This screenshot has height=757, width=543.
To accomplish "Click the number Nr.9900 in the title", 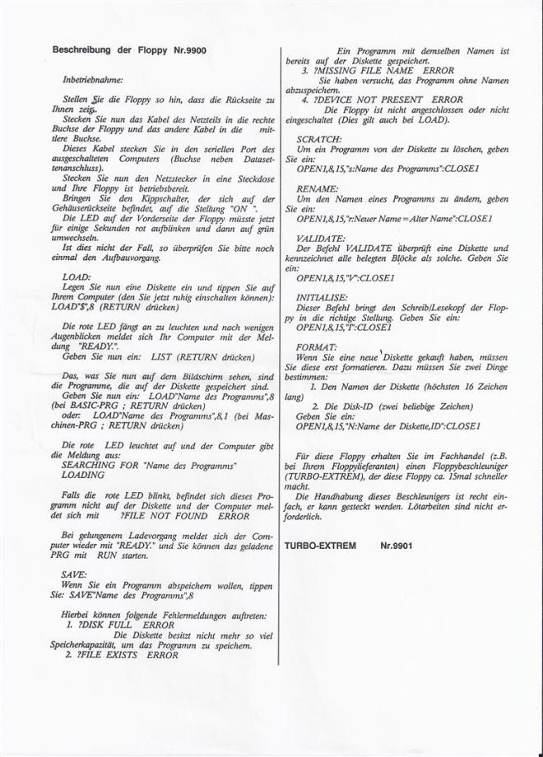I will click(x=188, y=50).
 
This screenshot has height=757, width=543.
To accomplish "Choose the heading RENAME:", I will click(x=313, y=188).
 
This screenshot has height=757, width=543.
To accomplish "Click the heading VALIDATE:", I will click(x=318, y=235).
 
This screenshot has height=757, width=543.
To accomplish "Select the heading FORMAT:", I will click(x=315, y=348).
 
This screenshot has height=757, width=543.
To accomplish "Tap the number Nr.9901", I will click(x=397, y=545).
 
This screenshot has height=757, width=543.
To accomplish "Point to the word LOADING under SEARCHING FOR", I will click(x=84, y=475).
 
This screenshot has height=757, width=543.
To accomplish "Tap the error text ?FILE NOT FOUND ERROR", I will click(x=184, y=517).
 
